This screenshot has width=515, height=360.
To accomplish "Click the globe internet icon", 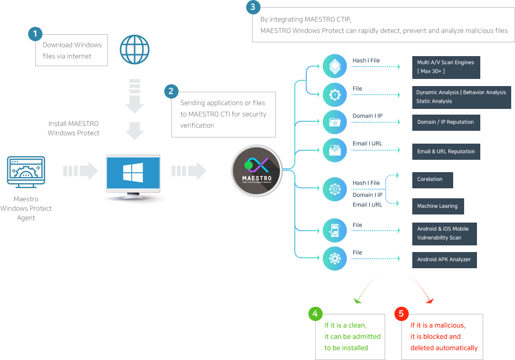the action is pyautogui.click(x=135, y=49).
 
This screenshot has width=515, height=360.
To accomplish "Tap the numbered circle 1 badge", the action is pyautogui.click(x=35, y=34).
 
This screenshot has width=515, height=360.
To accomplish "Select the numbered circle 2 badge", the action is pyautogui.click(x=171, y=91).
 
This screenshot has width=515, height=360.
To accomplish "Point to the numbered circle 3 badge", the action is pyautogui.click(x=253, y=7).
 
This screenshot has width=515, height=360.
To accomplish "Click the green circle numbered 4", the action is pyautogui.click(x=315, y=314).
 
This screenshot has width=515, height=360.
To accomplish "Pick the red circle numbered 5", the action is pyautogui.click(x=401, y=314).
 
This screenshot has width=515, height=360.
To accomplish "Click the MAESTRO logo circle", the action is pyautogui.click(x=256, y=171).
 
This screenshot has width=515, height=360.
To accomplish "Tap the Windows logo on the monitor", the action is pyautogui.click(x=133, y=173).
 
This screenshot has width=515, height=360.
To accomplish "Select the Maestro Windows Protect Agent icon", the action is pyautogui.click(x=26, y=172).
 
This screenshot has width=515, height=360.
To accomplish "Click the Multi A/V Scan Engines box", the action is pyautogui.click(x=446, y=68).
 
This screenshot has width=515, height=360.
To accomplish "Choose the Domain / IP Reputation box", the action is pyautogui.click(x=446, y=123).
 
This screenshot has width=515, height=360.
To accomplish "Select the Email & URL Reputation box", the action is pyautogui.click(x=446, y=152).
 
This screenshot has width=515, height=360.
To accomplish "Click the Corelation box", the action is pyautogui.click(x=433, y=180).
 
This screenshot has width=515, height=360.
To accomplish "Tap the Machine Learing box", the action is pyautogui.click(x=438, y=206).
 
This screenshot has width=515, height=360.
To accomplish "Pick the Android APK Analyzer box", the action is pyautogui.click(x=445, y=260).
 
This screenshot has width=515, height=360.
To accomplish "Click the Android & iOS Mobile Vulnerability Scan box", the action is pyautogui.click(x=445, y=234).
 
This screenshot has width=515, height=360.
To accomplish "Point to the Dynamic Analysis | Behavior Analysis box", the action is pyautogui.click(x=461, y=97).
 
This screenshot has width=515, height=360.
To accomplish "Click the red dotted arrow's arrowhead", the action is pyautogui.click(x=429, y=301).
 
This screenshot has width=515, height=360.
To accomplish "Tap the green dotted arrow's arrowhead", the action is pyautogui.click(x=357, y=301).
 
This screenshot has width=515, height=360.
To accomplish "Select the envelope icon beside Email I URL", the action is pyautogui.click(x=335, y=150).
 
